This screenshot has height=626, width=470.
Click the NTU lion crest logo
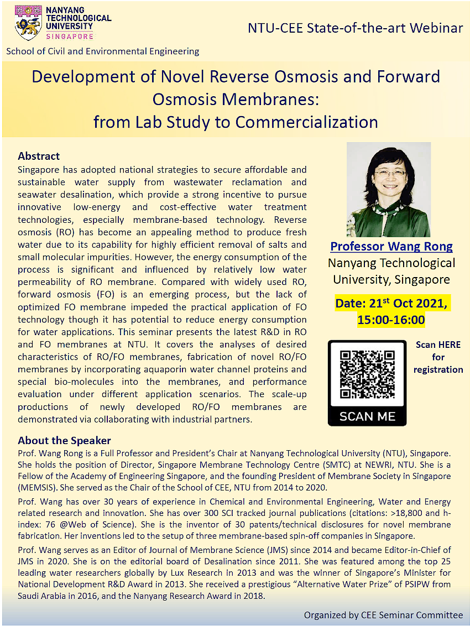28,23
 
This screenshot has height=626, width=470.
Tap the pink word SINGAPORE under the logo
69,36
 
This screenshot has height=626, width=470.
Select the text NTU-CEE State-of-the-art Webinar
355,28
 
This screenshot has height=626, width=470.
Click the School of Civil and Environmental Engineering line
103,51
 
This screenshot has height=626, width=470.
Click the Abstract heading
39,156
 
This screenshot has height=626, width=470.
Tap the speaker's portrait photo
388,189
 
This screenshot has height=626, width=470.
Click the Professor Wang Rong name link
391,247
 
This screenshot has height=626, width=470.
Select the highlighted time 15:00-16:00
391,320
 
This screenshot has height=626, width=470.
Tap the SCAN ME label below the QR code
368,416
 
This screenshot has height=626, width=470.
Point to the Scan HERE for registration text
438,357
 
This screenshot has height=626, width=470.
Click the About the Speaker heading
64,441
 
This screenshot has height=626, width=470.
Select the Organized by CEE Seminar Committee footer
383,615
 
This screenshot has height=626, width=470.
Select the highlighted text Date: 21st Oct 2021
391,304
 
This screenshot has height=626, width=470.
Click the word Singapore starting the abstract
40,169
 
